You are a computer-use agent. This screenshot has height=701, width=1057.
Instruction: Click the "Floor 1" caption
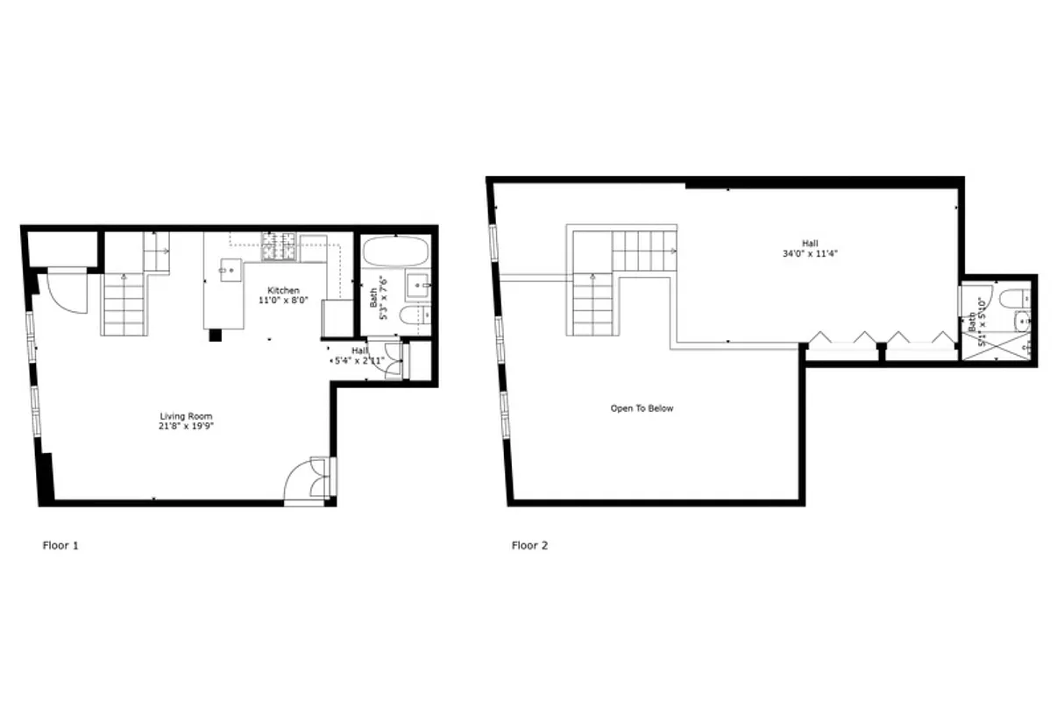click(60, 546)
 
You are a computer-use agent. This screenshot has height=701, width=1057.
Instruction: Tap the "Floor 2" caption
click(529, 546)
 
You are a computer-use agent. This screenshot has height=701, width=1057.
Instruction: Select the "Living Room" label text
click(186, 416)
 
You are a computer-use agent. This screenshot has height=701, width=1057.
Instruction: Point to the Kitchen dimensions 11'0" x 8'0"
click(283, 301)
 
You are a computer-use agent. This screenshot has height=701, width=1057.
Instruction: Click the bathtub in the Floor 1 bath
click(394, 253)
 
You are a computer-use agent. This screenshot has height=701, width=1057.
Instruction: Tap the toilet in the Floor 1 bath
click(415, 315)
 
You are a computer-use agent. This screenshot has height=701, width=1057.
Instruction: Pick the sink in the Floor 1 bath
click(417, 285)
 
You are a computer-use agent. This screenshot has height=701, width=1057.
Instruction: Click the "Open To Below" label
click(642, 408)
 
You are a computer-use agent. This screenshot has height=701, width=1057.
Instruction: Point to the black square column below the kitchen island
click(215, 335)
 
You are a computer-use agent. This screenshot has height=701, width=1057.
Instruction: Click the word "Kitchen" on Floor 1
click(283, 291)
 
